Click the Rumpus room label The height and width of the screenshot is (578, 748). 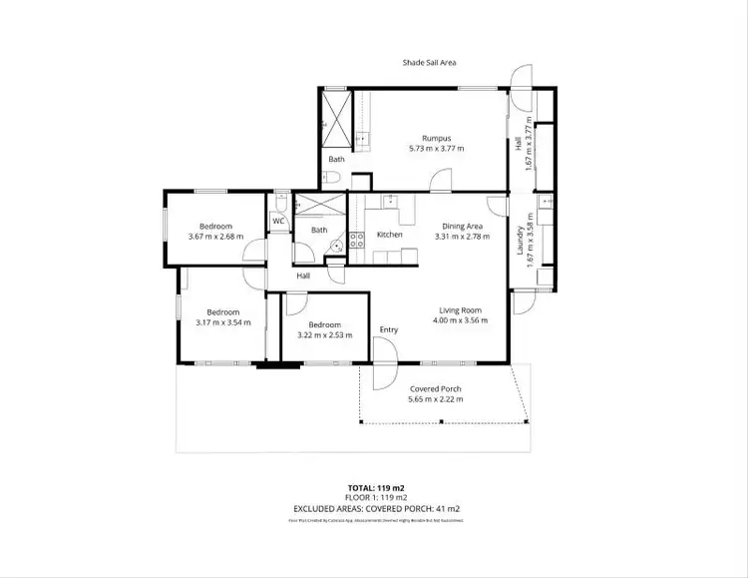pyautogui.click(x=436, y=138)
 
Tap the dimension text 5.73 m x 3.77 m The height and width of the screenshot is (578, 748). pyautogui.click(x=436, y=148)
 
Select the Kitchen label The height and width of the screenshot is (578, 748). pyautogui.click(x=389, y=235)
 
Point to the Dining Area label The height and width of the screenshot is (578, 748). pyautogui.click(x=463, y=227)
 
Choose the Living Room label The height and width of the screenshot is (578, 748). pyautogui.click(x=461, y=310)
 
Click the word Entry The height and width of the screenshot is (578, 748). pyautogui.click(x=388, y=329)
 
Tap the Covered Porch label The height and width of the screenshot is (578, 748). pyautogui.click(x=436, y=388)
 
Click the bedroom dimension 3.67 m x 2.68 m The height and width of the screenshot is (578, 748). pyautogui.click(x=215, y=237)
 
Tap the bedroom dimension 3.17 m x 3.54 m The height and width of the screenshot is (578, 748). pyautogui.click(x=222, y=321)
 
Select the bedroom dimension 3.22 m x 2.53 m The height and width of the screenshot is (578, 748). pyautogui.click(x=325, y=334)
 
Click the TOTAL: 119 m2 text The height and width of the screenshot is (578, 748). pyautogui.click(x=374, y=487)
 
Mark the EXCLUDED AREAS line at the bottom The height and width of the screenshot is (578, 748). pyautogui.click(x=374, y=508)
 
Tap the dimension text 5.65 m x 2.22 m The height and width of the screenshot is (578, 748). pyautogui.click(x=436, y=399)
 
